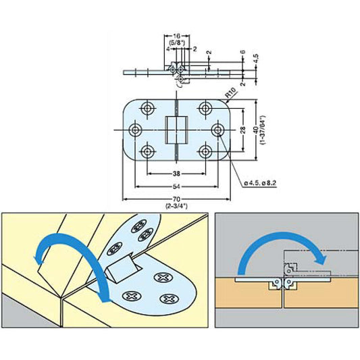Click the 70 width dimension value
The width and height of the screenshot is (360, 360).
coord(176,199)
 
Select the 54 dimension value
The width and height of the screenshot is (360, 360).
coord(176,186)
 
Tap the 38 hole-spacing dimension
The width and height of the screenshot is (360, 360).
coord(176,174)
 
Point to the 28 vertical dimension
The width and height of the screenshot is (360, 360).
coord(243,130)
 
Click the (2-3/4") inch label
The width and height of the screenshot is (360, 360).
coord(176,206)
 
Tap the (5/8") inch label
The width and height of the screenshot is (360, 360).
coord(176,43)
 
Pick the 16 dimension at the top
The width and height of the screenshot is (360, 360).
coord(176,36)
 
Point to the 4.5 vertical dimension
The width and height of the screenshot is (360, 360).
coord(256,59)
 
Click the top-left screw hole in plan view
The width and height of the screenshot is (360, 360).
coord(147,107)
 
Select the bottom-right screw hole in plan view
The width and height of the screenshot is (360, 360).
coord(205,152)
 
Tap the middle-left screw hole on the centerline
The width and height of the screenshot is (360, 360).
coord(135,130)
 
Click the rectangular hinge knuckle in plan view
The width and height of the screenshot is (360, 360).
coord(176,130)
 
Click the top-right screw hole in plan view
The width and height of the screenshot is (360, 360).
coord(205,107)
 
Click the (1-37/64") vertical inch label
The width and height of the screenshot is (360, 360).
coord(263,130)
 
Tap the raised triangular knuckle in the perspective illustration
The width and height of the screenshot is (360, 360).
coord(122,269)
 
